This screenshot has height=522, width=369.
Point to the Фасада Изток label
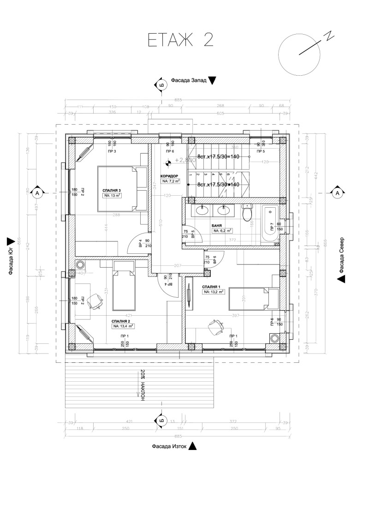point(169,446)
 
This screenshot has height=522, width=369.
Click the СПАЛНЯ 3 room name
point(112,190)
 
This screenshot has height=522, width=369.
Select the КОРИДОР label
point(169,176)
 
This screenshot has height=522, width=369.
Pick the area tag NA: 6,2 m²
point(222,230)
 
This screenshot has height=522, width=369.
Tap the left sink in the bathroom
point(202,210)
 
